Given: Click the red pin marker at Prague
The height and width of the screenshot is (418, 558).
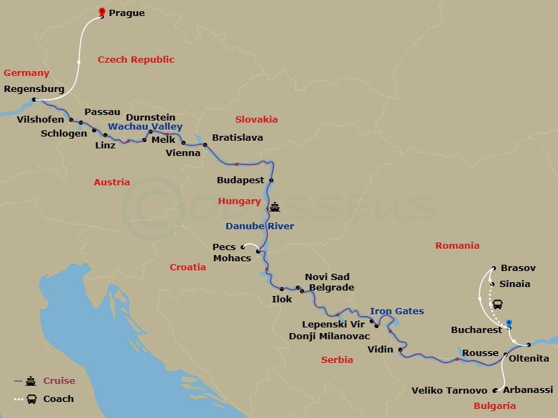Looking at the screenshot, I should tap(102, 11).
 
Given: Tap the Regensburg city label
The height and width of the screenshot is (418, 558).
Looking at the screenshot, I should tap(33, 89).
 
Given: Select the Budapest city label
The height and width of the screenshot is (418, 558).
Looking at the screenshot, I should tap(241, 180).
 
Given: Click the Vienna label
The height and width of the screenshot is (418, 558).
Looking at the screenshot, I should tap(183, 153).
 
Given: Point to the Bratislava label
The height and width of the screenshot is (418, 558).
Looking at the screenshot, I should tap(237, 138).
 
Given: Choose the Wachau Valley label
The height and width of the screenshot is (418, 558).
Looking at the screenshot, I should tap(145, 127).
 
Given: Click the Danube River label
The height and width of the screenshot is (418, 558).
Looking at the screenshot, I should tap(259, 226).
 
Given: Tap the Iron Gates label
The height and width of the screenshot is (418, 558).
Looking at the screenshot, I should tap(397, 311).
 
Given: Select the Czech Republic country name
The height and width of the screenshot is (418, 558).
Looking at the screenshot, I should tap(136, 60).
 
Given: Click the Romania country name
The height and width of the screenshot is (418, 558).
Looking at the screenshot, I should tap(457, 245).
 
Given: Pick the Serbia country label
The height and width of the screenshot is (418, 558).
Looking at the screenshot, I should tap(337, 360).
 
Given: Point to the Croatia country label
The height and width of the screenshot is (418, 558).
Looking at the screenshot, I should tap(188, 267).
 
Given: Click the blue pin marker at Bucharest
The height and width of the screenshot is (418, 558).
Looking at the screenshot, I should tap(509, 323).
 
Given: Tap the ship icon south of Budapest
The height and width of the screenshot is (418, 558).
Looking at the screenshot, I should tap(275, 206).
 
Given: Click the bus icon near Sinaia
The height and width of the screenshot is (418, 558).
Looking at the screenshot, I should tap(499, 304).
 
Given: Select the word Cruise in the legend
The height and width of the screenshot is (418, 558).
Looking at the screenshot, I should tap(59, 381).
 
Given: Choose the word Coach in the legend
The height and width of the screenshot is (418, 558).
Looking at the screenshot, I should tap(59, 399).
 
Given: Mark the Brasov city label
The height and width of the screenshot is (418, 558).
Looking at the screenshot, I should tap(518, 268).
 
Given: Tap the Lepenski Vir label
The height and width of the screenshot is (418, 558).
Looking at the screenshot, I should tap(334, 324).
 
